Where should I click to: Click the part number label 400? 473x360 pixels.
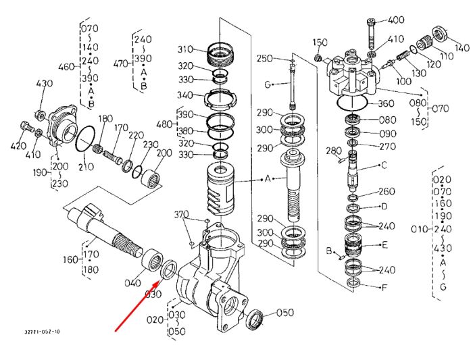[x=395, y=20]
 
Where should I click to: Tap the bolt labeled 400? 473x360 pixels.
[x=372, y=34]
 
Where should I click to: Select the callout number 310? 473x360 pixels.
[x=185, y=49]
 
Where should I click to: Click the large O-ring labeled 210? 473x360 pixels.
[x=85, y=140]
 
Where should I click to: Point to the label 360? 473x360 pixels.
[x=386, y=103]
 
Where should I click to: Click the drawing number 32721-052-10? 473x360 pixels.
[x=42, y=332]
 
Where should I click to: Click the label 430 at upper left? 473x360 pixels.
[x=45, y=83]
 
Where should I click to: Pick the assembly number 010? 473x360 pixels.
[x=420, y=229]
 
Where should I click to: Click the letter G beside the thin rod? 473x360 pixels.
[x=268, y=84]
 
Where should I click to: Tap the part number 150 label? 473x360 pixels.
[x=320, y=43]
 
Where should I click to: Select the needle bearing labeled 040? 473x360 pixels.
[x=153, y=259]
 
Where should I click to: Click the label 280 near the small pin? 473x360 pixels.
[x=334, y=151]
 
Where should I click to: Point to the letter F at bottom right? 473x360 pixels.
[x=384, y=288]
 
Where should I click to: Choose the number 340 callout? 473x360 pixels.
[x=184, y=95]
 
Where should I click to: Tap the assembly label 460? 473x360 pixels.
[x=66, y=66]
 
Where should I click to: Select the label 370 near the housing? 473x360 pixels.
[x=182, y=214]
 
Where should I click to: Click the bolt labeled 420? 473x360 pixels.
[x=26, y=126]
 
